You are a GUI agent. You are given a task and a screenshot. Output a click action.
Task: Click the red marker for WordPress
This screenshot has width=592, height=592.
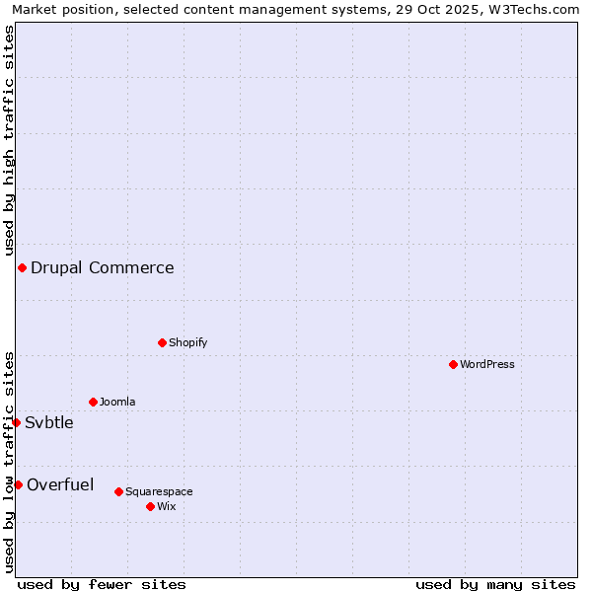coord(453,364)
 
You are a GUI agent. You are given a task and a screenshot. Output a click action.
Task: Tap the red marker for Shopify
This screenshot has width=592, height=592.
coord(162,342)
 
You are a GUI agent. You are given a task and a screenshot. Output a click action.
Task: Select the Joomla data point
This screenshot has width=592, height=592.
coord(93,402)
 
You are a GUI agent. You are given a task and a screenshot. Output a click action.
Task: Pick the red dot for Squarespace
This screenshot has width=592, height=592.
coord(118,491)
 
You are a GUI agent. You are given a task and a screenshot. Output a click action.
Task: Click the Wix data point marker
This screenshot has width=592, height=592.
coord(150,506)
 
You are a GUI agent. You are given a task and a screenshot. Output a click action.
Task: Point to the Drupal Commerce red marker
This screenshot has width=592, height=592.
coord(22,267)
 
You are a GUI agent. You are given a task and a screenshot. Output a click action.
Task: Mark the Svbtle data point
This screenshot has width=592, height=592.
coord(16,422)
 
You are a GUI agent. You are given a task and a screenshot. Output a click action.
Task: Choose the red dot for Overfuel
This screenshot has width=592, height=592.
coord(18,484)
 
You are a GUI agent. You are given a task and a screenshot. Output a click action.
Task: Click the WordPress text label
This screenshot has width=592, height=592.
coord(487,364)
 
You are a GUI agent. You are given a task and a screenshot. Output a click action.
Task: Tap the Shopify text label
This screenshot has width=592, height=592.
coord(187,342)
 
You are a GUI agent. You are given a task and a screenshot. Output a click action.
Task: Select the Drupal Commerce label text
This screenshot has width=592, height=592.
coord(103,267)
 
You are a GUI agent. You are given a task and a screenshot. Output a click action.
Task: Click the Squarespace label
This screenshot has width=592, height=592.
coord(159,491)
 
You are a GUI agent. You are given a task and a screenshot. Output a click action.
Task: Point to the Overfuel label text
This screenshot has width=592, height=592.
coord(60,484)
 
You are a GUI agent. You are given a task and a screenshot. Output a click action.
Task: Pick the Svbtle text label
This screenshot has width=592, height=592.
coord(49,422)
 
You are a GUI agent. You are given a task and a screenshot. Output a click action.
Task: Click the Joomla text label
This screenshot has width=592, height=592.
coord(117,402)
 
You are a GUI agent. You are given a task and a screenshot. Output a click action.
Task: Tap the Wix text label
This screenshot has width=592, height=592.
coord(167,506)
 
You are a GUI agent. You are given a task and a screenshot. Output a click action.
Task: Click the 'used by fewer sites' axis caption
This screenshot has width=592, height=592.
coord(102,584)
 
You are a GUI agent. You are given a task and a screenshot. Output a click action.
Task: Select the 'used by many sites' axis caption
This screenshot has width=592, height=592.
coord(495,584)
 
